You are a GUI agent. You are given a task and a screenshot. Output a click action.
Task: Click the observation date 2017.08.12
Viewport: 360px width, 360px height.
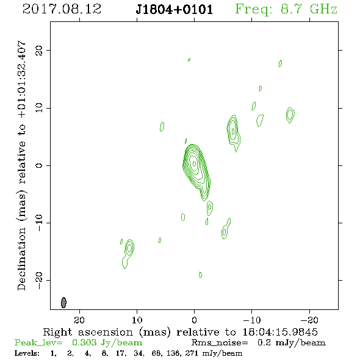[62, 9]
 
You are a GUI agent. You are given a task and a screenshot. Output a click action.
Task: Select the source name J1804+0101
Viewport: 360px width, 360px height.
[175, 10]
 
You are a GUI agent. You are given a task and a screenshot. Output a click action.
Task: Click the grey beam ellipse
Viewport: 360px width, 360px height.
[63, 303]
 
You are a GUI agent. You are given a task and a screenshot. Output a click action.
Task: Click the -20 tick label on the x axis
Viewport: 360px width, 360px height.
[309, 320]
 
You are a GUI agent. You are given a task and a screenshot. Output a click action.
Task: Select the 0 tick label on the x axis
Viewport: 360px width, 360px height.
[194, 320]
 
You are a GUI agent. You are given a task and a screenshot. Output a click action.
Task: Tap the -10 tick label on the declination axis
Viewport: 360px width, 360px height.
[39, 223]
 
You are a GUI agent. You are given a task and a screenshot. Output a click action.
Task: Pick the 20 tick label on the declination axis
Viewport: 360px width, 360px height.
[39, 50]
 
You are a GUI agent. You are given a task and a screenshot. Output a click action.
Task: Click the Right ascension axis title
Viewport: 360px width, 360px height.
[180, 332]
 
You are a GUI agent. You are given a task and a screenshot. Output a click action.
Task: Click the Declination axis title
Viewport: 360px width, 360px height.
[21, 165]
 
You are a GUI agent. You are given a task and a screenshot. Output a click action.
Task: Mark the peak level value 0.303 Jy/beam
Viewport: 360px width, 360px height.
[107, 343]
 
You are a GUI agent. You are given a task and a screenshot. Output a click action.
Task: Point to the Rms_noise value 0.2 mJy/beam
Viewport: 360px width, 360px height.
[291, 343]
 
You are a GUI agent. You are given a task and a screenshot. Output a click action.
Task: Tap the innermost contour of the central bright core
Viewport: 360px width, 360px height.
[194, 164]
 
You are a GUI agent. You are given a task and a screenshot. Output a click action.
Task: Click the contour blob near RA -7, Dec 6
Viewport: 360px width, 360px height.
[233, 133]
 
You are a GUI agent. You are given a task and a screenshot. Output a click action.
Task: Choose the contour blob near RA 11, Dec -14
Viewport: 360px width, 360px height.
[128, 253]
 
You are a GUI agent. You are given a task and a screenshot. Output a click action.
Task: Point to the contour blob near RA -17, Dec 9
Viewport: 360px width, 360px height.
[290, 115]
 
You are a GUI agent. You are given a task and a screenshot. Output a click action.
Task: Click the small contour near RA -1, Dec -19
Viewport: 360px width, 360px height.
[200, 275]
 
